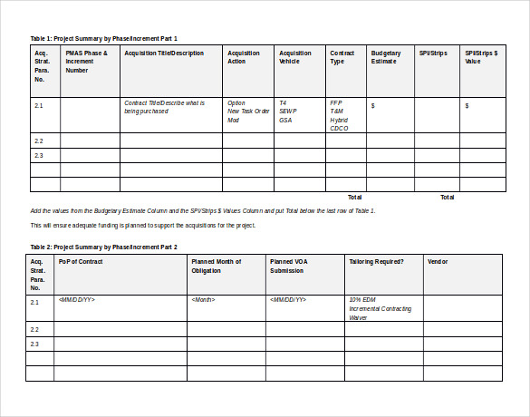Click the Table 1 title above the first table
click(x=104, y=39)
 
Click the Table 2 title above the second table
click(x=104, y=247)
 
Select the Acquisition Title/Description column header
click(x=164, y=53)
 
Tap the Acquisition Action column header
click(x=244, y=57)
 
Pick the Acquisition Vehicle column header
click(x=295, y=57)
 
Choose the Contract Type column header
click(x=342, y=57)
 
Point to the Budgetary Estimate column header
click(x=386, y=57)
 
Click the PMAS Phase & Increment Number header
click(x=87, y=61)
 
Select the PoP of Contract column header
click(x=81, y=262)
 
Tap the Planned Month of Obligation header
click(x=216, y=266)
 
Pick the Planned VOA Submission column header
click(x=294, y=266)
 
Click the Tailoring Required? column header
click(x=376, y=262)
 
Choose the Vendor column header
click(x=438, y=262)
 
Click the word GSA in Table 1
click(x=285, y=120)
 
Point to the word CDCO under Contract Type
click(x=339, y=128)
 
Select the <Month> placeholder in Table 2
click(x=204, y=299)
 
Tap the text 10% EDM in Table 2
click(x=361, y=299)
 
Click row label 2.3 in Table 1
click(x=39, y=155)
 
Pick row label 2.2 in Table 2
click(x=34, y=329)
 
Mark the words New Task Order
click(x=248, y=112)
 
